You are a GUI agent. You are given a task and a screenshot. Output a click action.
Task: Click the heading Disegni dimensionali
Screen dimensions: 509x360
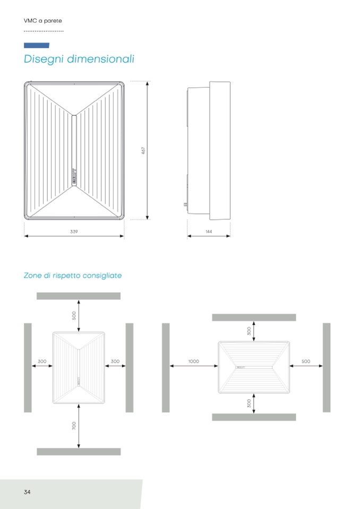(x=79, y=59)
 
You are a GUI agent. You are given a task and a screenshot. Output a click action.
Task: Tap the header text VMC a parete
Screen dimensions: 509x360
(x=43, y=21)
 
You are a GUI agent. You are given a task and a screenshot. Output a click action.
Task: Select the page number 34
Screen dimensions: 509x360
(x=27, y=492)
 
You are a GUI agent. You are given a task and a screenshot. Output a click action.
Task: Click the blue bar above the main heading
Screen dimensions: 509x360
(x=37, y=46)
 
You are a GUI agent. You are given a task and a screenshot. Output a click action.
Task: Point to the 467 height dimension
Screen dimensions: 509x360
(x=143, y=151)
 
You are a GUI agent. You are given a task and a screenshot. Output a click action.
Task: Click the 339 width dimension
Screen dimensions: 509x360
(x=74, y=232)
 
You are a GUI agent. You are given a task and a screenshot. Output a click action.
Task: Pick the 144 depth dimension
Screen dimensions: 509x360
(x=209, y=232)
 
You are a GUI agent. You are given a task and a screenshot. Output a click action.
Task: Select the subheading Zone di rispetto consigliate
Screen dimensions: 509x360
(x=73, y=275)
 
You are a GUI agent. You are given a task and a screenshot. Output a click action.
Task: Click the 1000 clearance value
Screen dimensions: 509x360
(x=194, y=361)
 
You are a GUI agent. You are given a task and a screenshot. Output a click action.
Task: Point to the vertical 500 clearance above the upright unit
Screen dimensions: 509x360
(x=74, y=315)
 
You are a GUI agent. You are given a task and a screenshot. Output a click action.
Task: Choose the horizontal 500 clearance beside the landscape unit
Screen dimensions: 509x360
(x=306, y=361)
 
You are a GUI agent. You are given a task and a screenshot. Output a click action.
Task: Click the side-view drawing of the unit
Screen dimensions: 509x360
(x=209, y=151)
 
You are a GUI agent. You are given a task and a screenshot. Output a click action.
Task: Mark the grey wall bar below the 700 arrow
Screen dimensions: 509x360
(x=79, y=452)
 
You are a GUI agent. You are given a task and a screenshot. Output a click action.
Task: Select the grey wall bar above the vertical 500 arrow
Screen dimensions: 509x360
(x=79, y=296)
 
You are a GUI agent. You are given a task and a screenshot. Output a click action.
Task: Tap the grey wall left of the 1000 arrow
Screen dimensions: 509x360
(x=166, y=367)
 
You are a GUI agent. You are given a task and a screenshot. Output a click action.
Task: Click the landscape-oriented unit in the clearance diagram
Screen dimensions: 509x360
(x=254, y=367)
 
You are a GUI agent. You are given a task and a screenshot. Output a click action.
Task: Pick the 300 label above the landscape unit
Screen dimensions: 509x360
(x=250, y=331)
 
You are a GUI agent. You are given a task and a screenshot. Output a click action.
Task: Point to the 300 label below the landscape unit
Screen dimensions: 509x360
(x=250, y=403)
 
